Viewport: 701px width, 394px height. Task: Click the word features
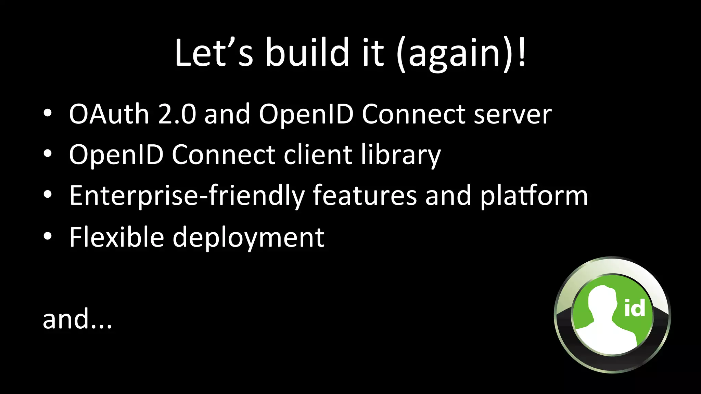(365, 195)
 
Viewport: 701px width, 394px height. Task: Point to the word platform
(534, 196)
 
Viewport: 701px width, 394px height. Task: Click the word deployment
(248, 238)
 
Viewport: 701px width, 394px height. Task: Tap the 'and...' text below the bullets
(77, 319)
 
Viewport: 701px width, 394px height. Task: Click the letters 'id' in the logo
(635, 308)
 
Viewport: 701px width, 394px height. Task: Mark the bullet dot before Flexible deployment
(48, 236)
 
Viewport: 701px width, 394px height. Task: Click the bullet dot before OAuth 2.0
(48, 113)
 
